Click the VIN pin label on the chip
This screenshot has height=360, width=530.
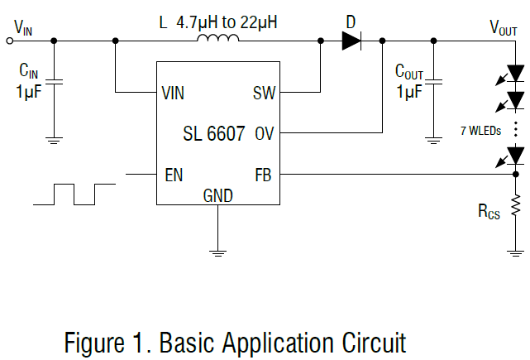tap(173, 92)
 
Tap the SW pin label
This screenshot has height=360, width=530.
tap(264, 92)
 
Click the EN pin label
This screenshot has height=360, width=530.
tap(173, 174)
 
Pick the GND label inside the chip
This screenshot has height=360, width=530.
tap(217, 196)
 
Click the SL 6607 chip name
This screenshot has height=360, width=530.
tap(214, 132)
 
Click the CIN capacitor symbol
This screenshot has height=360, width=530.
tap(55, 82)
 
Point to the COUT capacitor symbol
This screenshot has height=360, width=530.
tap(432, 82)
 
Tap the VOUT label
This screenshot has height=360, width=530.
tap(504, 26)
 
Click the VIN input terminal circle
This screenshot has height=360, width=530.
tap(10, 40)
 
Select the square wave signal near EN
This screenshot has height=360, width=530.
tap(74, 194)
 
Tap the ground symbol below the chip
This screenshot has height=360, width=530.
tap(217, 250)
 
